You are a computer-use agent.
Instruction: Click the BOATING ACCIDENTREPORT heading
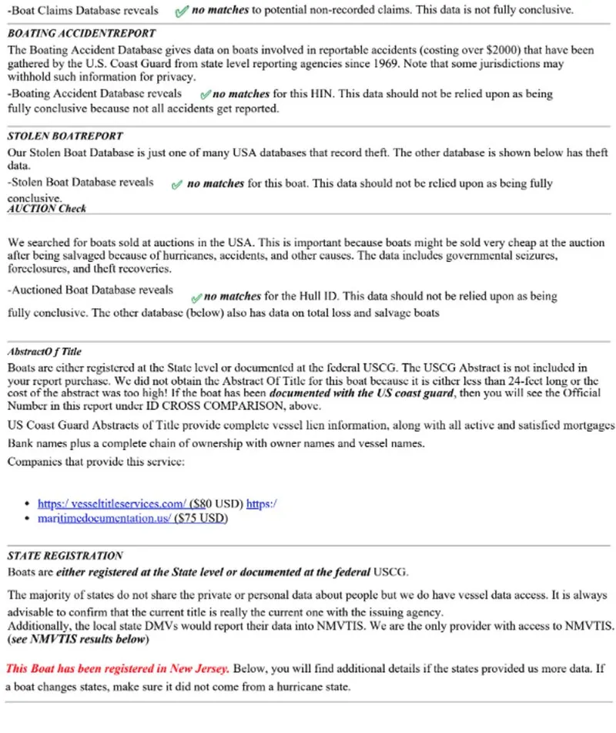[x=81, y=34]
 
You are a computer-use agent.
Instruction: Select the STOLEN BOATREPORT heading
[x=65, y=136]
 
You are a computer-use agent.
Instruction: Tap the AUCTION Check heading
[x=46, y=208]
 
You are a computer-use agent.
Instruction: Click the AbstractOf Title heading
[x=44, y=351]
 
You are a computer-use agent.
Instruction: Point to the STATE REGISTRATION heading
[x=65, y=555]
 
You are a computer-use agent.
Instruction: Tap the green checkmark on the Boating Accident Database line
[x=205, y=95]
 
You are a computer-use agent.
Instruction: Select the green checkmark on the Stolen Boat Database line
[x=176, y=184]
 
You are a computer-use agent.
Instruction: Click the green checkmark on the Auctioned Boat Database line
[x=196, y=297]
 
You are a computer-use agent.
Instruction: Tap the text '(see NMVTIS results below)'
[x=78, y=640]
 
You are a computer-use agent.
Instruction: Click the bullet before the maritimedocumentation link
[x=28, y=519]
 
